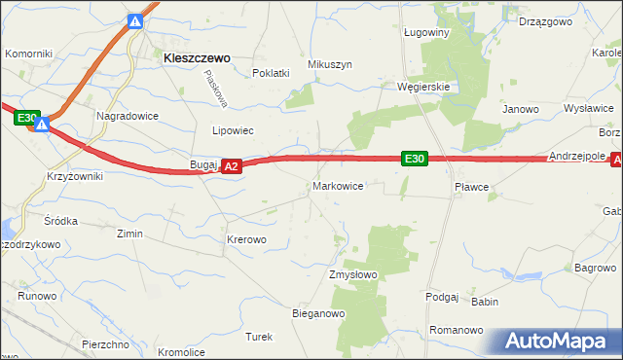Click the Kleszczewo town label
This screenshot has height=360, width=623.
197,58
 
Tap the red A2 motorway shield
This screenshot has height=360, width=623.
231,167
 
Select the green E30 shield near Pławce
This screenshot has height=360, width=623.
415,159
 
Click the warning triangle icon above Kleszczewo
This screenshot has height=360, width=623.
137,21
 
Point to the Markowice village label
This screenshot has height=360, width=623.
338,185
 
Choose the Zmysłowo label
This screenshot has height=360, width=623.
352,274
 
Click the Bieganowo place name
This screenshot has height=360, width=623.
319,313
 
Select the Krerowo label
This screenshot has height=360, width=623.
245,238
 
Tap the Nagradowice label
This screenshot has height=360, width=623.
127,115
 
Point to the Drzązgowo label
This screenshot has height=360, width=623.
543,20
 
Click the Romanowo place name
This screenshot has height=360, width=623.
457,331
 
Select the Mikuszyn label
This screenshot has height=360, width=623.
329,64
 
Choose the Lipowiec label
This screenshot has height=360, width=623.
233,129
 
